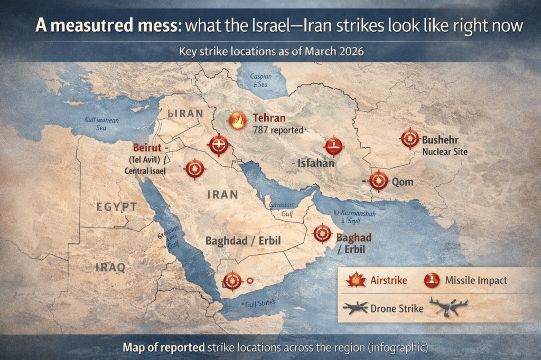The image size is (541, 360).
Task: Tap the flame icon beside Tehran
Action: [x=237, y=121]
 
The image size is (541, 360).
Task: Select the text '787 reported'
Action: [x=278, y=129]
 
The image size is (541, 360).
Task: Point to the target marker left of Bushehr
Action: [x=410, y=138]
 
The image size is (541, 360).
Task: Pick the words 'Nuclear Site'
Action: [x=444, y=152]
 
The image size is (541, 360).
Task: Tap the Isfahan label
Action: [x=316, y=164]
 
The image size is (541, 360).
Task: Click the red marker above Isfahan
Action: [x=333, y=145]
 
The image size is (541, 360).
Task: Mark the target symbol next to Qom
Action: [x=378, y=181]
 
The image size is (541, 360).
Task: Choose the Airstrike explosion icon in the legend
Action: [x=356, y=280]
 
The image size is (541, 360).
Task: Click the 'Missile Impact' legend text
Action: [x=475, y=280]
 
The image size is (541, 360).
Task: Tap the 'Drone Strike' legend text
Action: [x=397, y=308]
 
